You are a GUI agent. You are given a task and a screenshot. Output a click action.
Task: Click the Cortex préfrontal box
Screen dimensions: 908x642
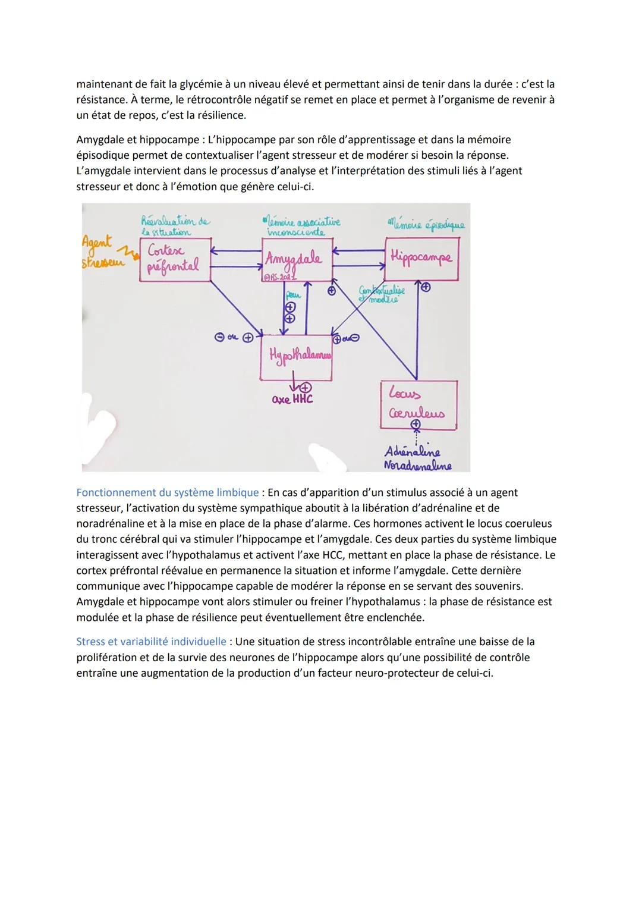tap(175, 259)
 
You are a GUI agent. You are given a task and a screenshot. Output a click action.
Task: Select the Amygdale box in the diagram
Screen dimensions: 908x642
tap(297, 259)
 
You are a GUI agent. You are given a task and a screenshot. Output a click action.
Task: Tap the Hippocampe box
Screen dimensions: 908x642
tap(421, 259)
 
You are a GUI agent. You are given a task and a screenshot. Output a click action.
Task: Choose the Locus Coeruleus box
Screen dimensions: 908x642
tap(418, 404)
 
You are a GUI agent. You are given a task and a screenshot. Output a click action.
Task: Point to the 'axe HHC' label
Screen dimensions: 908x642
tap(292, 400)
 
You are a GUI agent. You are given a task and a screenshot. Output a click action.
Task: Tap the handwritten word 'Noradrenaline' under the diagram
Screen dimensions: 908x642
tap(417, 466)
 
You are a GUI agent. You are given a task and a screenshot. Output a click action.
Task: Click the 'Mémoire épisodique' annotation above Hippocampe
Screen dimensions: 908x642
tap(426, 225)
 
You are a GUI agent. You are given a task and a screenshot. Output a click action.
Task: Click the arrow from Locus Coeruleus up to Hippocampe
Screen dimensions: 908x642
tap(417, 333)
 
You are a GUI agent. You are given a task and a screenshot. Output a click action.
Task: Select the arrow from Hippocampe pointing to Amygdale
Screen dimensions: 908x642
tap(358, 252)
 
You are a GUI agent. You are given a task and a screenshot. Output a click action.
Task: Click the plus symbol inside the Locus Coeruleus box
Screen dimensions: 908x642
tap(416, 425)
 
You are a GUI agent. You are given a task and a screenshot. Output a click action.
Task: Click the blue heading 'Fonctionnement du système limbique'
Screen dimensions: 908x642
tap(168, 493)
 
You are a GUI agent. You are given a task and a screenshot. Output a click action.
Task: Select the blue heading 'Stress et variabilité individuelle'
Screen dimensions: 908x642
tap(151, 642)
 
